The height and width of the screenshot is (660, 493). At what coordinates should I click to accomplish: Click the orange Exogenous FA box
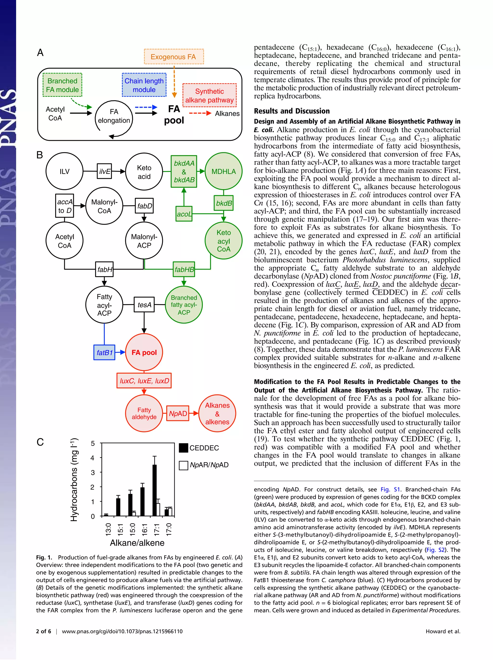(x=174, y=57)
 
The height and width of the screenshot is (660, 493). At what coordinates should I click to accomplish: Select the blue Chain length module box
(x=144, y=85)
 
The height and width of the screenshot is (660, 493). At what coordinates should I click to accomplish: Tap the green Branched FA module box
(x=62, y=85)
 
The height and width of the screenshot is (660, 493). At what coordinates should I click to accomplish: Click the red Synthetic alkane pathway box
(x=209, y=96)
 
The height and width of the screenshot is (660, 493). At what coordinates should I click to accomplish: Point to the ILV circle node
(x=65, y=171)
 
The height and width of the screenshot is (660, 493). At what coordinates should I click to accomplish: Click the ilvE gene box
(x=104, y=171)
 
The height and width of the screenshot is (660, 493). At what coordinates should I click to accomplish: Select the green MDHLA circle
(x=223, y=171)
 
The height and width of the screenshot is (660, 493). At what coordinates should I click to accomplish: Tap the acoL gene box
(x=184, y=214)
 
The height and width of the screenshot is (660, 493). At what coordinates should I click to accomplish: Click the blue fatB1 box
(x=104, y=352)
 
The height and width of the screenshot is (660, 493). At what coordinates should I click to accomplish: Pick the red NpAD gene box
(x=178, y=413)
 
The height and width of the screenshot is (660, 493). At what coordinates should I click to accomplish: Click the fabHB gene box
(x=184, y=269)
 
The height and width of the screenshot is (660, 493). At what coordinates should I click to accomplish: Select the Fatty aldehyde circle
(x=144, y=413)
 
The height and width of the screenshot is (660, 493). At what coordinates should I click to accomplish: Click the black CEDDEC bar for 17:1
(x=155, y=490)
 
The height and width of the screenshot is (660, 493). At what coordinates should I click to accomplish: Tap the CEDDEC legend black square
(x=183, y=448)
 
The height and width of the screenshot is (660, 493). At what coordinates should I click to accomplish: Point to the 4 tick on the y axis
(x=93, y=458)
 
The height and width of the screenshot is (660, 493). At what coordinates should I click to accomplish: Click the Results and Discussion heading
(x=292, y=111)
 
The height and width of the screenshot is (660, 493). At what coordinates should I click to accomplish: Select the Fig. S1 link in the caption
(x=390, y=489)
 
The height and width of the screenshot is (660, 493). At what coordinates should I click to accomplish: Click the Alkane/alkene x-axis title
(x=137, y=543)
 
